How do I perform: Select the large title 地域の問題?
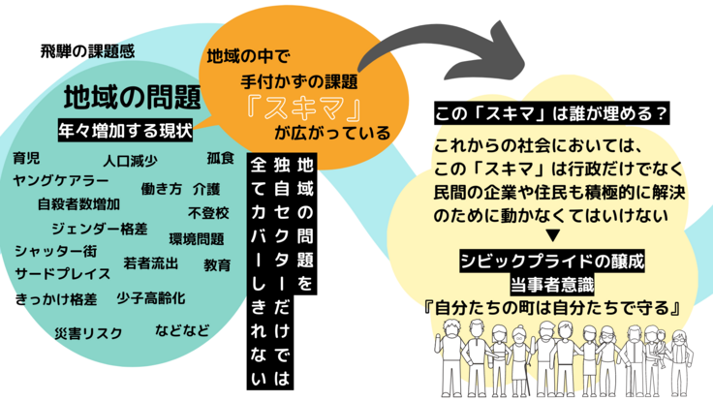point(132,97)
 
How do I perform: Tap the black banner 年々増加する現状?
point(131,129)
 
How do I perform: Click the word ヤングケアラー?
point(60,180)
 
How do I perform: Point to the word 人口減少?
point(131,161)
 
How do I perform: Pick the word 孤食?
point(221,157)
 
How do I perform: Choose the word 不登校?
point(208,212)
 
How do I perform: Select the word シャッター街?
point(55,251)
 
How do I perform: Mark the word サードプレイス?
point(62,274)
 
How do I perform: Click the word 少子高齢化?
point(150,296)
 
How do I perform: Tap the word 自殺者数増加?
point(78,204)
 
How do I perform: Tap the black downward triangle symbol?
point(549,235)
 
